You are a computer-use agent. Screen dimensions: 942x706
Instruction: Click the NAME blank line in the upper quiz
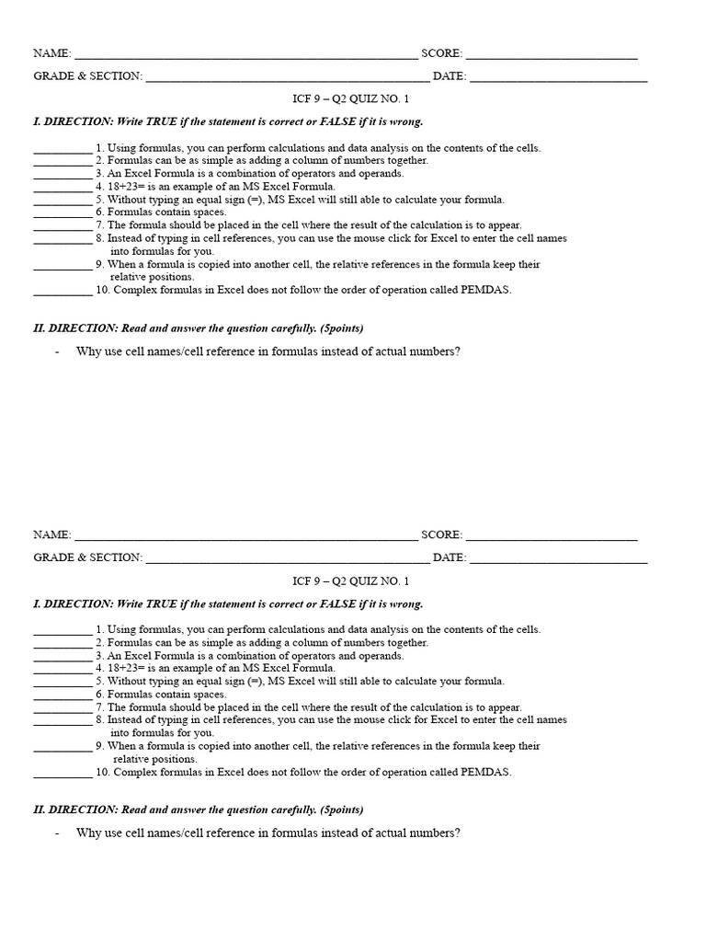(245, 57)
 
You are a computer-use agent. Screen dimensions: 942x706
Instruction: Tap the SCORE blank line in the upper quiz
(552, 57)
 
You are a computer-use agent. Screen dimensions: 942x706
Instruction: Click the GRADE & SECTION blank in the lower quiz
(287, 560)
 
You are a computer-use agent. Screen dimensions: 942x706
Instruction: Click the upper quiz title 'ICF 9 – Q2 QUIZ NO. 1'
(350, 99)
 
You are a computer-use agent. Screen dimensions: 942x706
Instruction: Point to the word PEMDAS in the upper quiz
(486, 290)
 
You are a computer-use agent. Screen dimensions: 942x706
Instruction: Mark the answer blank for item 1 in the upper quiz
(63, 150)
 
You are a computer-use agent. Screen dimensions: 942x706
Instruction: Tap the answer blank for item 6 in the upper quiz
(63, 214)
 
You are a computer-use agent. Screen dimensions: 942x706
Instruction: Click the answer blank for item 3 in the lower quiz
(63, 659)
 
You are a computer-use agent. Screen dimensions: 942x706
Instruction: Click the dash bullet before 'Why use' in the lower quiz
(57, 833)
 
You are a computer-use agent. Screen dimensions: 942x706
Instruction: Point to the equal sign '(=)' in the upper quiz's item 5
(256, 200)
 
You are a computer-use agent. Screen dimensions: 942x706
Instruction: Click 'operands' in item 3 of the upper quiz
(383, 174)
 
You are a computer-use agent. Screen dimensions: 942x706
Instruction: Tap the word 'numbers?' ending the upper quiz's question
(435, 351)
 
